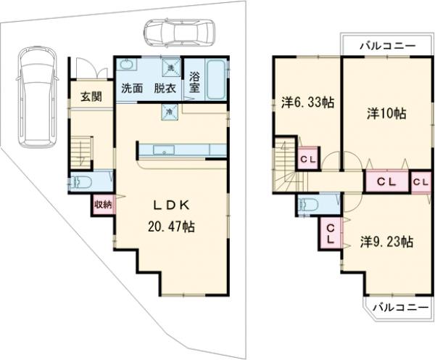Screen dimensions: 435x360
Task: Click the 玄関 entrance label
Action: pyautogui.click(x=91, y=97)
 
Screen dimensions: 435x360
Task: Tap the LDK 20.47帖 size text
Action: pyautogui.click(x=171, y=227)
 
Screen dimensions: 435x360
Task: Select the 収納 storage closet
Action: pyautogui.click(x=103, y=205)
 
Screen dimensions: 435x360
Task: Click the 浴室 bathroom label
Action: pyautogui.click(x=194, y=82)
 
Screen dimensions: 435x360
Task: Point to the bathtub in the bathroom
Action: pyautogui.click(x=215, y=79)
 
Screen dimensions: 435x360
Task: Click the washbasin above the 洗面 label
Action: pyautogui.click(x=127, y=65)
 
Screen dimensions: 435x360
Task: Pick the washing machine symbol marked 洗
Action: pyautogui.click(x=171, y=67)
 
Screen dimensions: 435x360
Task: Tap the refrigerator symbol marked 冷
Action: pyautogui.click(x=169, y=112)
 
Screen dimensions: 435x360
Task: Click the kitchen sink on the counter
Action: pyautogui.click(x=165, y=150)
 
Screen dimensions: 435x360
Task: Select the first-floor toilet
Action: pyautogui.click(x=80, y=182)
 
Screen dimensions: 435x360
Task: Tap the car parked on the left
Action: pyautogui.click(x=37, y=97)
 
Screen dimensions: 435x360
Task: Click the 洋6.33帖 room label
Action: pyautogui.click(x=307, y=102)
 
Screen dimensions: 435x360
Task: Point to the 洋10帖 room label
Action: pyautogui.click(x=386, y=114)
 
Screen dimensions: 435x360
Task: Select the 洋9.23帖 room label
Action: pyautogui.click(x=386, y=242)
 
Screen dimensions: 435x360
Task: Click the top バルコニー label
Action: pyautogui.click(x=388, y=46)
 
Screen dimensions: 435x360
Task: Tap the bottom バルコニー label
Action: pyautogui.click(x=399, y=307)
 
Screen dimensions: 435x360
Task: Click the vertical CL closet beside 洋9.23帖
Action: pyautogui.click(x=331, y=233)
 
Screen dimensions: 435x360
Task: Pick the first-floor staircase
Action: pyautogui.click(x=81, y=152)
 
